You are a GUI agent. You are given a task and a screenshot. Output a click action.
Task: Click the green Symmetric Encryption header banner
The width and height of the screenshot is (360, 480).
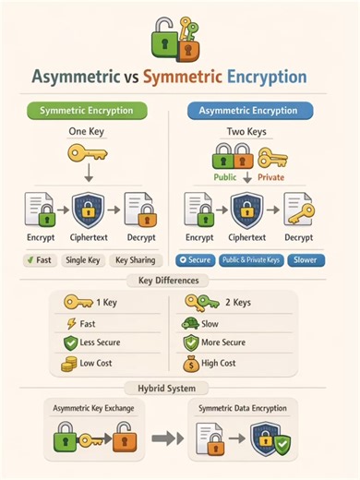[92, 110]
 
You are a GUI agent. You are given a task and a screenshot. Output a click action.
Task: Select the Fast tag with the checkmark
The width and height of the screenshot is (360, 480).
[34, 260]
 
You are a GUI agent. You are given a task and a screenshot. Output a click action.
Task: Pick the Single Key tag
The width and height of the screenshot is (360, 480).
[84, 260]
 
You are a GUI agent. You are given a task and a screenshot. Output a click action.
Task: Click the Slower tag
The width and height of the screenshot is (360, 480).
[305, 260]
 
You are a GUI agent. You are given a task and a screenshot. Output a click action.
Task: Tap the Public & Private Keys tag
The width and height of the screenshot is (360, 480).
[250, 260]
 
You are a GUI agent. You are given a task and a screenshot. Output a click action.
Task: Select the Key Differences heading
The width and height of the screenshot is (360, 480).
[179, 279]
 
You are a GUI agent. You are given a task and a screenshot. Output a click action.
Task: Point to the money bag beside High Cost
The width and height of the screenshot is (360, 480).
[191, 363]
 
